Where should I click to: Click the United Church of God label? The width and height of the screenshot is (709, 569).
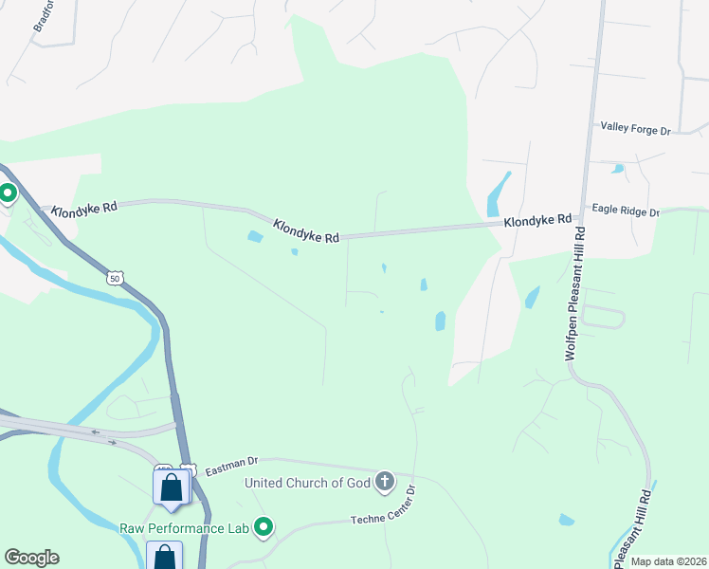pos(307,483)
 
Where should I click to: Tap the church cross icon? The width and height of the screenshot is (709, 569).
pos(385,482)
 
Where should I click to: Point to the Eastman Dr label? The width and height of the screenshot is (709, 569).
pos(232,461)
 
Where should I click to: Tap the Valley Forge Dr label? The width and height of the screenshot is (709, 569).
pos(635,127)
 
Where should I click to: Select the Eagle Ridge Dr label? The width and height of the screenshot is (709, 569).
pos(625,210)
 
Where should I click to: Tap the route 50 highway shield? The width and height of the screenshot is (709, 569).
pos(115,278)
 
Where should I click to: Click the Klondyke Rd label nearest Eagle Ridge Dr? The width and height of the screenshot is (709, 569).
pos(537,220)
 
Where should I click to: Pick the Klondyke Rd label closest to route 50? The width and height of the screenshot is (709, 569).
pos(84,208)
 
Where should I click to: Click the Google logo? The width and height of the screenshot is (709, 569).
pos(31,558)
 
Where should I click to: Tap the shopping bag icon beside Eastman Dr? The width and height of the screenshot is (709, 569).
pos(171,486)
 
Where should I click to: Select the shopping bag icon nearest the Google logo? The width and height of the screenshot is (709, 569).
pos(164,555)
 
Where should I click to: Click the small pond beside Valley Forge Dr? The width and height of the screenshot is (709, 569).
pos(619,169)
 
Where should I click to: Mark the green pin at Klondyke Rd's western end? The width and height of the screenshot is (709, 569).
pos(8,194)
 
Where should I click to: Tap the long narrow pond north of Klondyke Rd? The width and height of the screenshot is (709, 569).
pos(498,194)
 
